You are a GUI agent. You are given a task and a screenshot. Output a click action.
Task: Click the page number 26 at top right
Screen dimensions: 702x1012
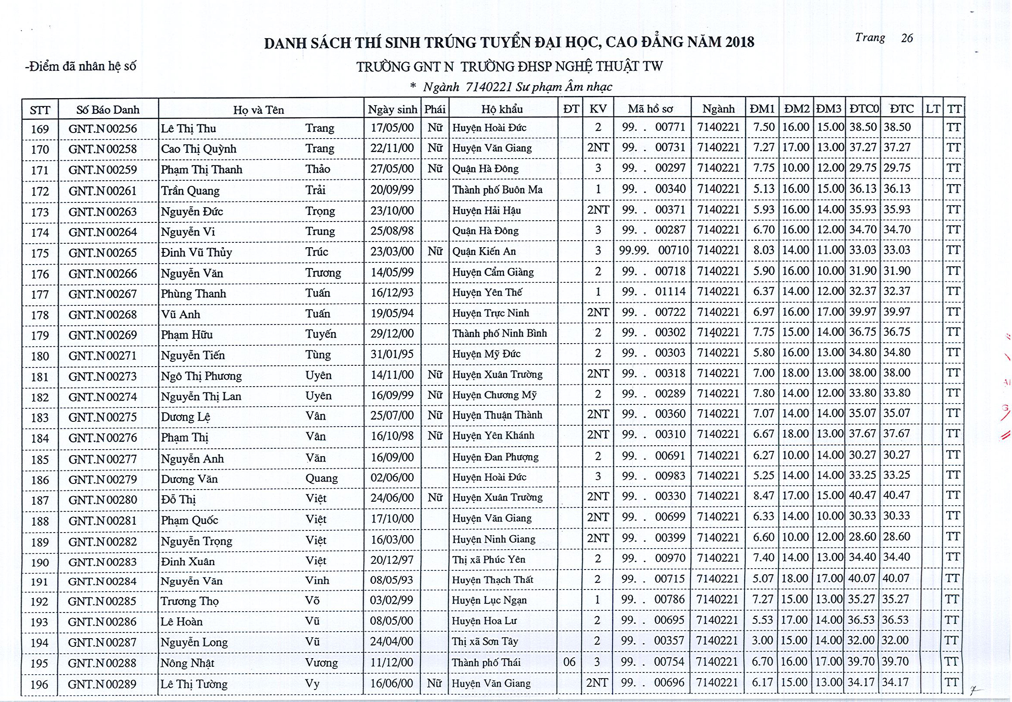pyautogui.click(x=907, y=38)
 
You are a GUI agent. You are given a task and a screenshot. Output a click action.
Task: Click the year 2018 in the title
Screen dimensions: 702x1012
pyautogui.click(x=739, y=42)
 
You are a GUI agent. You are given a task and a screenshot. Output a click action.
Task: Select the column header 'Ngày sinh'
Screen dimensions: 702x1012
pyautogui.click(x=392, y=109)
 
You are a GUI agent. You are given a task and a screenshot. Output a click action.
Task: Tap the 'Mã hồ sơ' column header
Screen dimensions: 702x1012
pyautogui.click(x=650, y=109)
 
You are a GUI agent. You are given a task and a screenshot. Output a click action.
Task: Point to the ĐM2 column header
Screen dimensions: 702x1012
pyautogui.click(x=797, y=109)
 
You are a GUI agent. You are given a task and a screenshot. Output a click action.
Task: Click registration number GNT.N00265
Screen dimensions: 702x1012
pyautogui.click(x=102, y=253)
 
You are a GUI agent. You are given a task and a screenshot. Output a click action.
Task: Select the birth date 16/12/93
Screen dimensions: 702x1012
pyautogui.click(x=392, y=293)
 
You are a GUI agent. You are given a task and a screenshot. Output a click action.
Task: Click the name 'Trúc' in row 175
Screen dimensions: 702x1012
pyautogui.click(x=317, y=252)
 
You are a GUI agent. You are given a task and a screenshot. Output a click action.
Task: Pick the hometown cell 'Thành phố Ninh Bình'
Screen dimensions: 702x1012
pyautogui.click(x=499, y=333)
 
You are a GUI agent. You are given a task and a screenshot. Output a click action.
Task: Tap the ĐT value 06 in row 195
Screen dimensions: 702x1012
pyautogui.click(x=569, y=662)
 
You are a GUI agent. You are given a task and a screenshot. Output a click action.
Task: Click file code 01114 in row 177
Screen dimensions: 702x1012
pyautogui.click(x=670, y=291)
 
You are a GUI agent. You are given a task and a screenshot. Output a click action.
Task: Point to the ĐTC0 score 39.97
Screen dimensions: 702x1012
pyautogui.click(x=863, y=312)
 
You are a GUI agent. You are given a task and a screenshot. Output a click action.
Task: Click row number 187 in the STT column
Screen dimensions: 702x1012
pyautogui.click(x=40, y=500)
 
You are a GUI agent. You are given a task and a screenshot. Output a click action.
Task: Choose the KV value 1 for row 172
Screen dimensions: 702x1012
pyautogui.click(x=598, y=189)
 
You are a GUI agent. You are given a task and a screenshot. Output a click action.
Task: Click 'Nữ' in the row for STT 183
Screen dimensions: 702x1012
pyautogui.click(x=435, y=415)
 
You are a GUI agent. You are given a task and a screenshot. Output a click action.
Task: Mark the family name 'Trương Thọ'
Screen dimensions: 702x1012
pyautogui.click(x=189, y=601)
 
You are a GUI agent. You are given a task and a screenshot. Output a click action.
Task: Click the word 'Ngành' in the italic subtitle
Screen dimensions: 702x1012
pyautogui.click(x=441, y=87)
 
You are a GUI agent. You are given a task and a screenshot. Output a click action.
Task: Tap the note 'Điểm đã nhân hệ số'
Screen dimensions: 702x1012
pyautogui.click(x=81, y=66)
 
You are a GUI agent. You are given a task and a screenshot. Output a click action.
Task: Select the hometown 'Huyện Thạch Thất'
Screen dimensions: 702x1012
pyautogui.click(x=492, y=580)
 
